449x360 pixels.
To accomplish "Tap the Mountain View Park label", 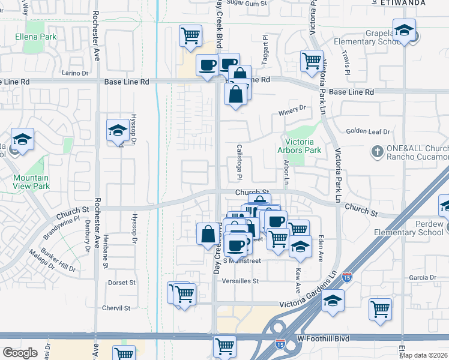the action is [31, 182].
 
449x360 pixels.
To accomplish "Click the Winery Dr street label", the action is [292, 108].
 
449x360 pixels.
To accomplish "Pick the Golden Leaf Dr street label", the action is [367, 132].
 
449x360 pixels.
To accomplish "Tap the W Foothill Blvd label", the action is [324, 339].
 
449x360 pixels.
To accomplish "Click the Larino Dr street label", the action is [75, 73].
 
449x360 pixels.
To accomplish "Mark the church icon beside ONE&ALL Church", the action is [378, 150].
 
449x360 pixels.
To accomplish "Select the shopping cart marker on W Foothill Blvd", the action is [224, 346].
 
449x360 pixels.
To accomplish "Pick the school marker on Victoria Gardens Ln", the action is [333, 301].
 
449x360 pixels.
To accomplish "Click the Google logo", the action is [20, 353].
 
